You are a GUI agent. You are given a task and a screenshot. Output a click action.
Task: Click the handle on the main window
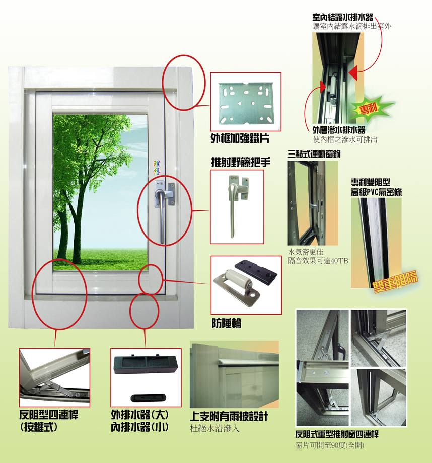tap(161, 211)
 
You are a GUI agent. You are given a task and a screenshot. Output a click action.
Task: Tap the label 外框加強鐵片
tap(240, 138)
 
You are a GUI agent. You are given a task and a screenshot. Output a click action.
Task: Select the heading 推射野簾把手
tap(241, 162)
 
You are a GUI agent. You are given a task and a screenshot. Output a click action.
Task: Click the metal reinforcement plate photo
tap(246, 103)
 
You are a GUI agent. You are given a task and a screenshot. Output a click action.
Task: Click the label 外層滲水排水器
tap(339, 130)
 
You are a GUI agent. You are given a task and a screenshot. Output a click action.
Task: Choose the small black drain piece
tap(148, 398)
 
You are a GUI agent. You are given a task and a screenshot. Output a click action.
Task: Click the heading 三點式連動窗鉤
tap(314, 153)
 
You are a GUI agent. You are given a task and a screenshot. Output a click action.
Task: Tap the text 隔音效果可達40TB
tap(318, 261)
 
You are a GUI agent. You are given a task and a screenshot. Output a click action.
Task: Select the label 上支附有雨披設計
tap(229, 417)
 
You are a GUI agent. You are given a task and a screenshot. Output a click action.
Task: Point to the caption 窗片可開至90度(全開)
tap(330, 445)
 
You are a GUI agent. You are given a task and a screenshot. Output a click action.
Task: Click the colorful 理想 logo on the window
tap(157, 168)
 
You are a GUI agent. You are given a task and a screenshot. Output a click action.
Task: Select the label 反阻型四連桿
tap(49, 415)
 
